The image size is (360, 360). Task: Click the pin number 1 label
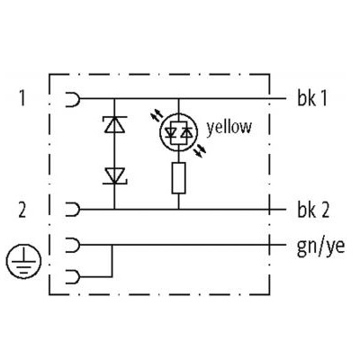click(x=22, y=98)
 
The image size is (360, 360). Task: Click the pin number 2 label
click(x=22, y=210)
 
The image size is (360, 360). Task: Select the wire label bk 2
click(x=313, y=210)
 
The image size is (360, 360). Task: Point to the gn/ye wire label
click(x=320, y=247)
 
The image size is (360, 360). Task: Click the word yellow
click(x=229, y=127)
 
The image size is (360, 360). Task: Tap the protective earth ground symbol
click(x=23, y=261)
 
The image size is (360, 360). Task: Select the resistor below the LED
click(x=179, y=178)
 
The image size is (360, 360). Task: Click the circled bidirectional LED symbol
click(x=179, y=131)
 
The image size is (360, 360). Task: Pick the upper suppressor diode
click(x=114, y=124)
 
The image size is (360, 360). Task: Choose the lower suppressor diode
click(x=114, y=176)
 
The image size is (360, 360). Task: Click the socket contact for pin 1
click(x=73, y=99)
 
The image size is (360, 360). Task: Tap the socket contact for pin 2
click(x=73, y=210)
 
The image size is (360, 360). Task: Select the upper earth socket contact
click(x=73, y=245)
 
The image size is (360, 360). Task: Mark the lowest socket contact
click(x=73, y=276)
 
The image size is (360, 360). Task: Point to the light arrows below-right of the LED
click(x=201, y=150)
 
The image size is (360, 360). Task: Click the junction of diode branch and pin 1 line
click(x=114, y=99)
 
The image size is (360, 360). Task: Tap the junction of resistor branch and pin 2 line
click(x=179, y=210)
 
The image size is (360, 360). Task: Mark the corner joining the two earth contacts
click(x=112, y=276)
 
